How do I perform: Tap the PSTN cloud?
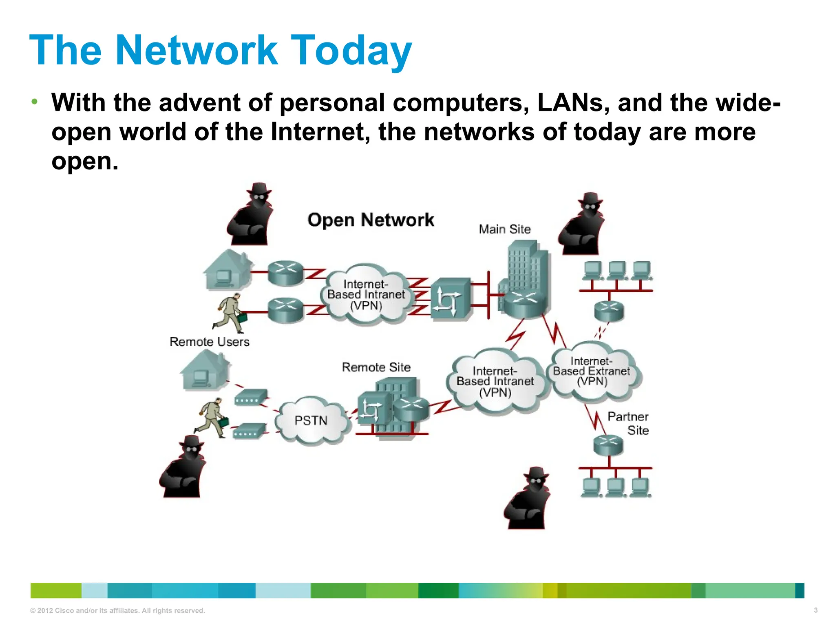[311, 420]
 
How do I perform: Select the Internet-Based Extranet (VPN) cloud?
[592, 371]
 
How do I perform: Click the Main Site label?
[505, 229]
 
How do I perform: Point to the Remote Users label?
[209, 342]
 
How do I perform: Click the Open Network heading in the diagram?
[371, 220]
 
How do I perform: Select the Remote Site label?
[376, 367]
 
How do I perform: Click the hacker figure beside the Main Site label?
[581, 225]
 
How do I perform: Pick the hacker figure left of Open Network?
[250, 216]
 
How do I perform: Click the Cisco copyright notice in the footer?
[117, 611]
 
